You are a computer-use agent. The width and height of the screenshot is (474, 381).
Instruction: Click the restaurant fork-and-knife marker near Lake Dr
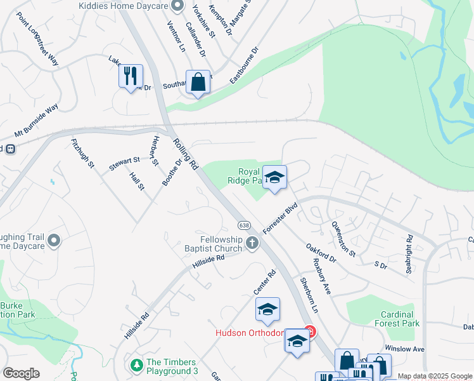tap(131, 76)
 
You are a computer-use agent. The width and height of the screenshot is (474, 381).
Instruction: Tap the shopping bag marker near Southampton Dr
tap(198, 83)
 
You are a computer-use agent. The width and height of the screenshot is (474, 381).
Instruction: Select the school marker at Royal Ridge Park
tap(274, 177)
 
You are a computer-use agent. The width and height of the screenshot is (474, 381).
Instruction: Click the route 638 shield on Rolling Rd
tap(245, 225)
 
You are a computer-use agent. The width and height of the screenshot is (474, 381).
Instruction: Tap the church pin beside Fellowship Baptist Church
tap(252, 242)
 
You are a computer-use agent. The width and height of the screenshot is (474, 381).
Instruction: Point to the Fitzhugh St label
tap(83, 154)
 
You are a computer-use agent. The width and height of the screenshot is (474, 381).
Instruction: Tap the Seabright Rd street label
tap(409, 248)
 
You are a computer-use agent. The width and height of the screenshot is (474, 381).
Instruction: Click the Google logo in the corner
tap(21, 373)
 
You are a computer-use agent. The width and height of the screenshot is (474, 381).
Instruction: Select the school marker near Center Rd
tap(267, 309)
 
